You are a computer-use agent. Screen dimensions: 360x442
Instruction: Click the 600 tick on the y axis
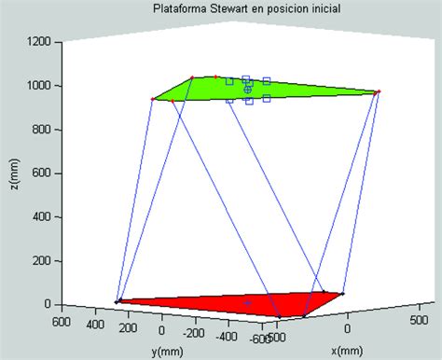tap(62, 322)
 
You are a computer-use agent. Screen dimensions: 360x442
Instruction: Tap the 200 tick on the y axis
tap(130, 327)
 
